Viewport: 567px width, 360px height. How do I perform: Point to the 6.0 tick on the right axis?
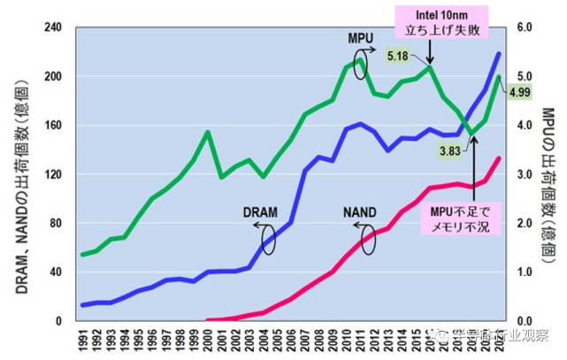[523, 27]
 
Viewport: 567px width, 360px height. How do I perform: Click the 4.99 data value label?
[519, 92]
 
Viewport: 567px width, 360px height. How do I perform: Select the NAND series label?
[361, 213]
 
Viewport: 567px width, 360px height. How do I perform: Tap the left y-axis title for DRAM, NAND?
[19, 172]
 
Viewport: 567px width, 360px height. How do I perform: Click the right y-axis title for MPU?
[548, 173]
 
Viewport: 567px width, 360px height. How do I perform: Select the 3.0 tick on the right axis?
[523, 173]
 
